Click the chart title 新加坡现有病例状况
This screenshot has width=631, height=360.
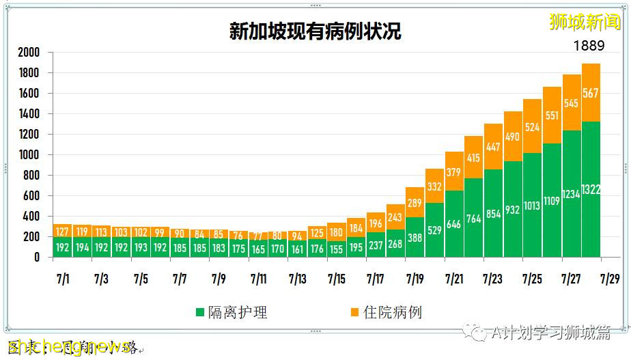(315, 31)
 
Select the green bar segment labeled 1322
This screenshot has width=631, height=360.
(591, 189)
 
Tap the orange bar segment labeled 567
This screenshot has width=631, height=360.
(591, 93)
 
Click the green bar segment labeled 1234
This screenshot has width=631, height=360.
(572, 194)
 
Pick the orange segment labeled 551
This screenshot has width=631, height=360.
(552, 115)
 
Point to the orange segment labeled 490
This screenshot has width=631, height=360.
(513, 136)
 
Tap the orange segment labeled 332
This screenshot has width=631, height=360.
(434, 186)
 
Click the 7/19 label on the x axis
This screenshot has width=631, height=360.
(415, 279)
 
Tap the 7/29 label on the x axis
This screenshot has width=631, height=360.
(611, 279)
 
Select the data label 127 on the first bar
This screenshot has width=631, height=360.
(61, 231)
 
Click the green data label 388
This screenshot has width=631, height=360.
(415, 238)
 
